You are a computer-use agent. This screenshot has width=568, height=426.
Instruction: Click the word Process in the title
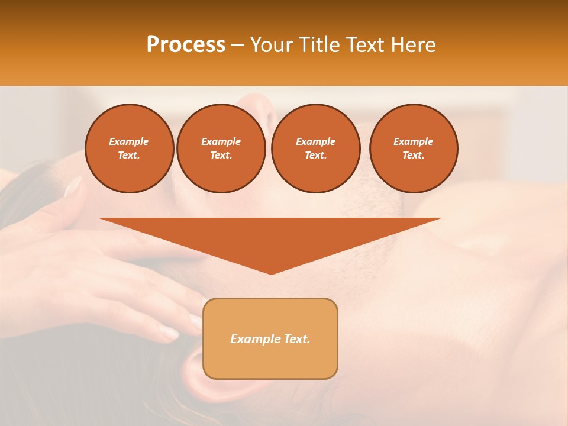(x=186, y=45)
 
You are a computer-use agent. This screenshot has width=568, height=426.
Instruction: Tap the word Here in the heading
(x=413, y=45)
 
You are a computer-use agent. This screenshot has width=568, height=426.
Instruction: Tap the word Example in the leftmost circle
(x=129, y=141)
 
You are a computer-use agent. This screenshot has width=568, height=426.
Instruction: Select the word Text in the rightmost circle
(x=413, y=155)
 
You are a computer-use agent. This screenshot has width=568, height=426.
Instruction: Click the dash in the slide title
(x=237, y=45)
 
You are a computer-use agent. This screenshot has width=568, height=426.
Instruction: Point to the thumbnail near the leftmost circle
(x=73, y=186)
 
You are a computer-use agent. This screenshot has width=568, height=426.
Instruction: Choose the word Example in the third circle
(x=315, y=141)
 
